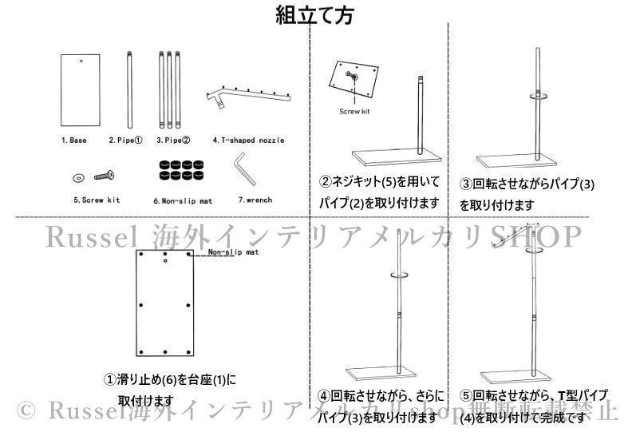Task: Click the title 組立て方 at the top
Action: coord(314,15)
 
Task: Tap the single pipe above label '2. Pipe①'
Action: coord(128,89)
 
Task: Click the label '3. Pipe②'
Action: coord(173,140)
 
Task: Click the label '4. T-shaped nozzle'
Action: coord(248,140)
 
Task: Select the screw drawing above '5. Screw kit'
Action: coord(105,174)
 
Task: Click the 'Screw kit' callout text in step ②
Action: coord(354,112)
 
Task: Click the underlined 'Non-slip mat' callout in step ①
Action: coord(233,252)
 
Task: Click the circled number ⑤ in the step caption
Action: coord(466,395)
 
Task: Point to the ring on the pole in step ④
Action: coord(398,276)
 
